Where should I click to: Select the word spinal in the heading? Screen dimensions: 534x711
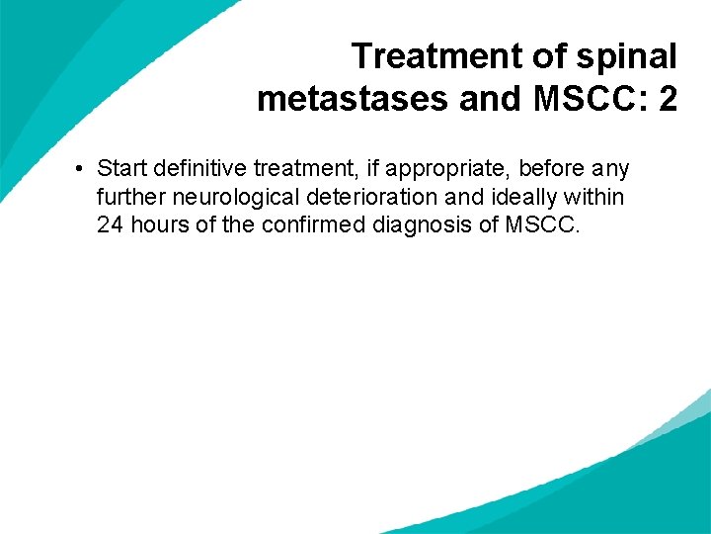point(627,56)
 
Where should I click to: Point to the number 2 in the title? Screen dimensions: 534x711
point(667,100)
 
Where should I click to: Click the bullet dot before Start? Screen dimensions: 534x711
point(78,170)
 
